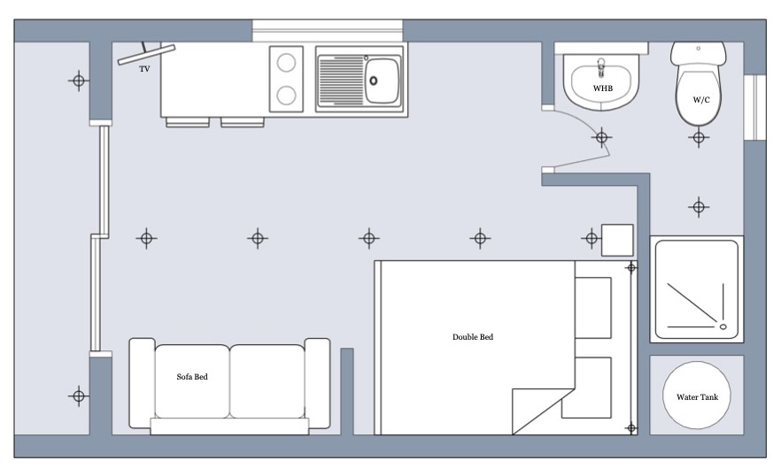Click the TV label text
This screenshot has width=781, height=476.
click(x=144, y=69)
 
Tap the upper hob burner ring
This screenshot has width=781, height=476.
click(x=286, y=63)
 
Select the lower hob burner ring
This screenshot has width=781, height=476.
click(x=286, y=95)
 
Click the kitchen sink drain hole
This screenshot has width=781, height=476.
click(x=373, y=81)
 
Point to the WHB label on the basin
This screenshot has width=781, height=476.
click(x=603, y=88)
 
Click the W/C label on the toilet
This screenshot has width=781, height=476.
click(x=701, y=100)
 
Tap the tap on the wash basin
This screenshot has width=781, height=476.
click(x=601, y=67)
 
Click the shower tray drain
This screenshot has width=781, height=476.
click(x=723, y=326)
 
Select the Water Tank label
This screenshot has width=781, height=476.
click(x=698, y=397)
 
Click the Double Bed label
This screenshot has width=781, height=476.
click(x=473, y=337)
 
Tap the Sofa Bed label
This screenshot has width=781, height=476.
click(x=192, y=377)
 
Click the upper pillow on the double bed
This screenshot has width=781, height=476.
click(x=593, y=308)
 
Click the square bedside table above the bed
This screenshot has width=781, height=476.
click(x=618, y=240)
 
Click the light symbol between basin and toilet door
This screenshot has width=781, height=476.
click(x=602, y=137)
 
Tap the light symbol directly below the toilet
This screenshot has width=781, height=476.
click(x=699, y=137)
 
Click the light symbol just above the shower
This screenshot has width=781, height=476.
click(x=699, y=207)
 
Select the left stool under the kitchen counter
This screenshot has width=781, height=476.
click(x=188, y=122)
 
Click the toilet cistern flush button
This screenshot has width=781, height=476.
click(x=699, y=49)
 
